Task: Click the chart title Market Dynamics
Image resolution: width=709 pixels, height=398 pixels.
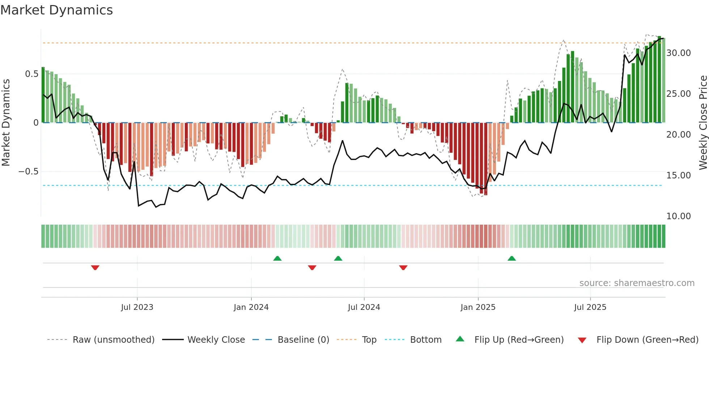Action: coord(57,10)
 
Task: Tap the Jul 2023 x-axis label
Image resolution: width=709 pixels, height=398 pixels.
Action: coord(137,307)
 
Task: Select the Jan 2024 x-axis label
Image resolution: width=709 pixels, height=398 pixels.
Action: coord(251,307)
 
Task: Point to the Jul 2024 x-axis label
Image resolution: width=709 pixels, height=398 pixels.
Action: coord(364,307)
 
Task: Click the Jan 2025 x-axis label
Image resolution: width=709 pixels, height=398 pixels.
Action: coord(478,307)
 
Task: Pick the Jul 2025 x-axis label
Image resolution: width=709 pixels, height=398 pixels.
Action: coord(590,307)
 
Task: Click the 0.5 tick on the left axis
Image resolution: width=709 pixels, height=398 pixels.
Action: coord(31,74)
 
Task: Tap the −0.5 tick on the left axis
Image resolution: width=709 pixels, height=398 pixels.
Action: coord(29,172)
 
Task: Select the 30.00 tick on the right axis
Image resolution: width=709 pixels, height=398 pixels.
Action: coord(679,53)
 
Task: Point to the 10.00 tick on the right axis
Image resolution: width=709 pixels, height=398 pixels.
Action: coord(679,216)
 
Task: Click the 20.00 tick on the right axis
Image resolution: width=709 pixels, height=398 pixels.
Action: coord(679,135)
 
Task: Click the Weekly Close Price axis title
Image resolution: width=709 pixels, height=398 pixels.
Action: coord(703,122)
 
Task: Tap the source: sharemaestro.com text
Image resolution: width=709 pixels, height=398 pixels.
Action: coord(637,283)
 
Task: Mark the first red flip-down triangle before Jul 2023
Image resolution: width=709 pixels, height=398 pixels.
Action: coord(95,268)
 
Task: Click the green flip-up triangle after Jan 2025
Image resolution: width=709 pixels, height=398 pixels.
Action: coord(511,259)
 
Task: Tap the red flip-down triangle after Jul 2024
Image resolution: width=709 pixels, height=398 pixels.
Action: coord(403,268)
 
